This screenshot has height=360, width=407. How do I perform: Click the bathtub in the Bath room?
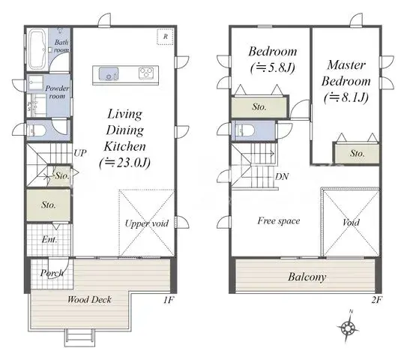(x=38, y=49)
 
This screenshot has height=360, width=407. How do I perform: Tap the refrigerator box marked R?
(x=163, y=36)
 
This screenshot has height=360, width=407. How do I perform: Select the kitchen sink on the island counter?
(x=106, y=73)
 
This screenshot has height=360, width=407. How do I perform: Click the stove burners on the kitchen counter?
(x=145, y=73)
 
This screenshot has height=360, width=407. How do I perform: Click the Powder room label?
(x=58, y=92)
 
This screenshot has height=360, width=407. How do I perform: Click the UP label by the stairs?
(x=80, y=153)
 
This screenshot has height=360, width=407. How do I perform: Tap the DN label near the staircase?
(x=283, y=177)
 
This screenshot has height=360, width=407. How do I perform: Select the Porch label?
(x=51, y=272)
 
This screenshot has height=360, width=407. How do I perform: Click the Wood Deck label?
(x=89, y=300)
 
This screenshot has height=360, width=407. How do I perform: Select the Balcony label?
(x=307, y=277)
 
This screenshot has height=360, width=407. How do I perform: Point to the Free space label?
(x=279, y=220)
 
